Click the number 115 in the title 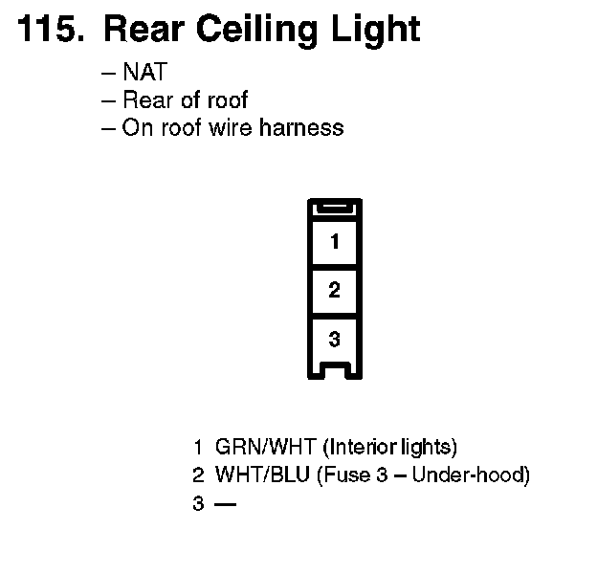47,29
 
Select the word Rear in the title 143,29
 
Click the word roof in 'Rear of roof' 228,99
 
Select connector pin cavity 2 334,291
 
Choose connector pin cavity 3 334,339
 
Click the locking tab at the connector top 334,208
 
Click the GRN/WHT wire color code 267,447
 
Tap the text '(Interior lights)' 390,447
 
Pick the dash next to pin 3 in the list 225,502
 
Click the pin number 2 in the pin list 198,475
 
